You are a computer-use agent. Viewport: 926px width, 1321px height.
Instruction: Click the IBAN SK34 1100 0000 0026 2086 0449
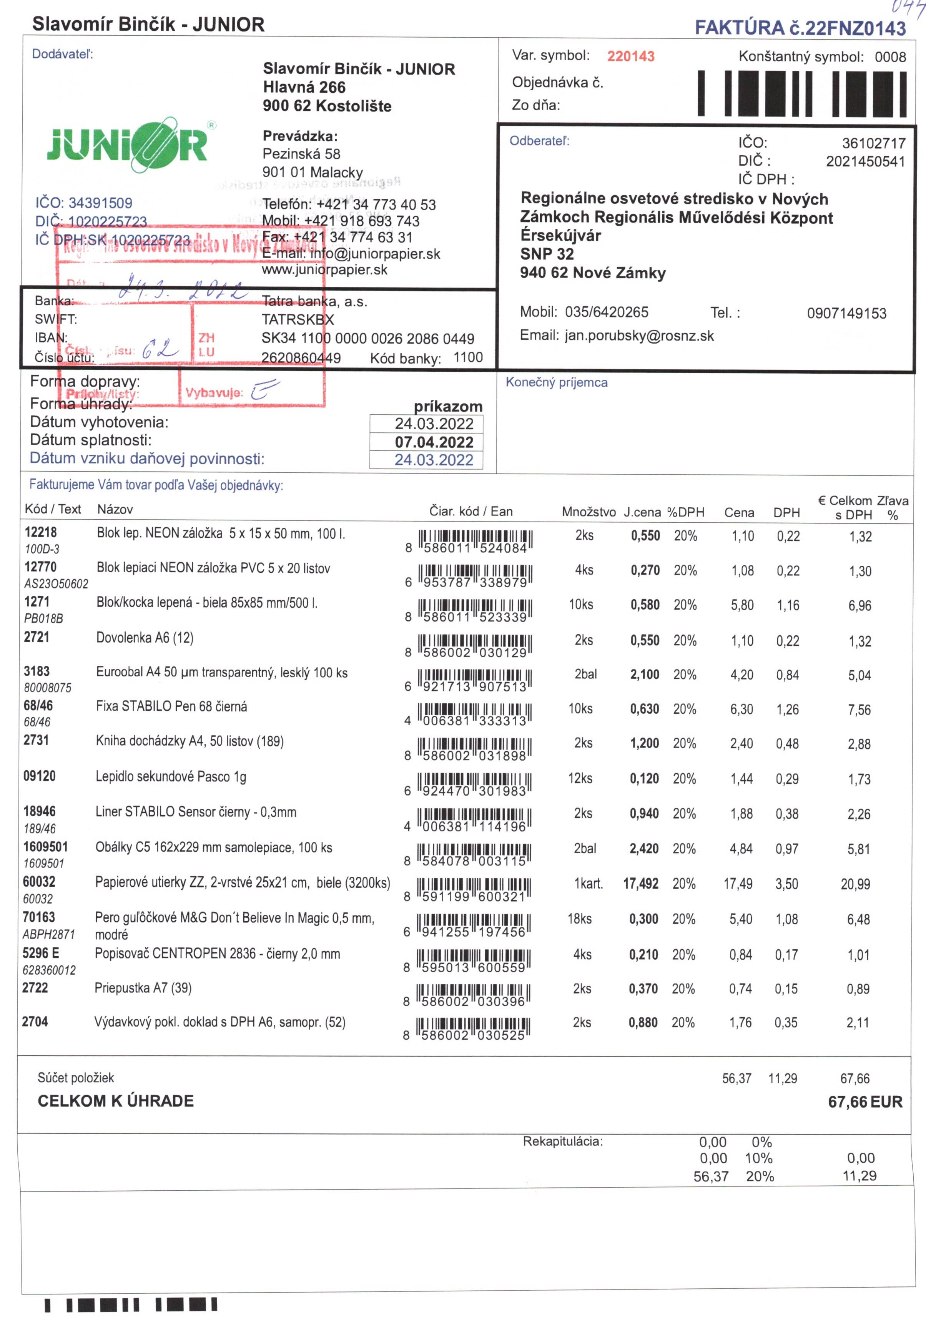(368, 339)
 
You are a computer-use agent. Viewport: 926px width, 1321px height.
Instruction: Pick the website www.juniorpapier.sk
(324, 270)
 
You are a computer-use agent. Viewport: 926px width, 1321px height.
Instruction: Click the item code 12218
(40, 532)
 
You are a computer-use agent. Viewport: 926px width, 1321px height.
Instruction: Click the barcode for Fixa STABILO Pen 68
(474, 713)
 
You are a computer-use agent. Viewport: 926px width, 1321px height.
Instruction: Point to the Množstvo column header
(588, 512)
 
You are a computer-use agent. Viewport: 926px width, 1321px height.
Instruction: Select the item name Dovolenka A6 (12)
(145, 638)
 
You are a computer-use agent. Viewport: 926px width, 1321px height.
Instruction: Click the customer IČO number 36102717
(873, 143)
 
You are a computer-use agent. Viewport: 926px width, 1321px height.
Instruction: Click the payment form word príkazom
(448, 406)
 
